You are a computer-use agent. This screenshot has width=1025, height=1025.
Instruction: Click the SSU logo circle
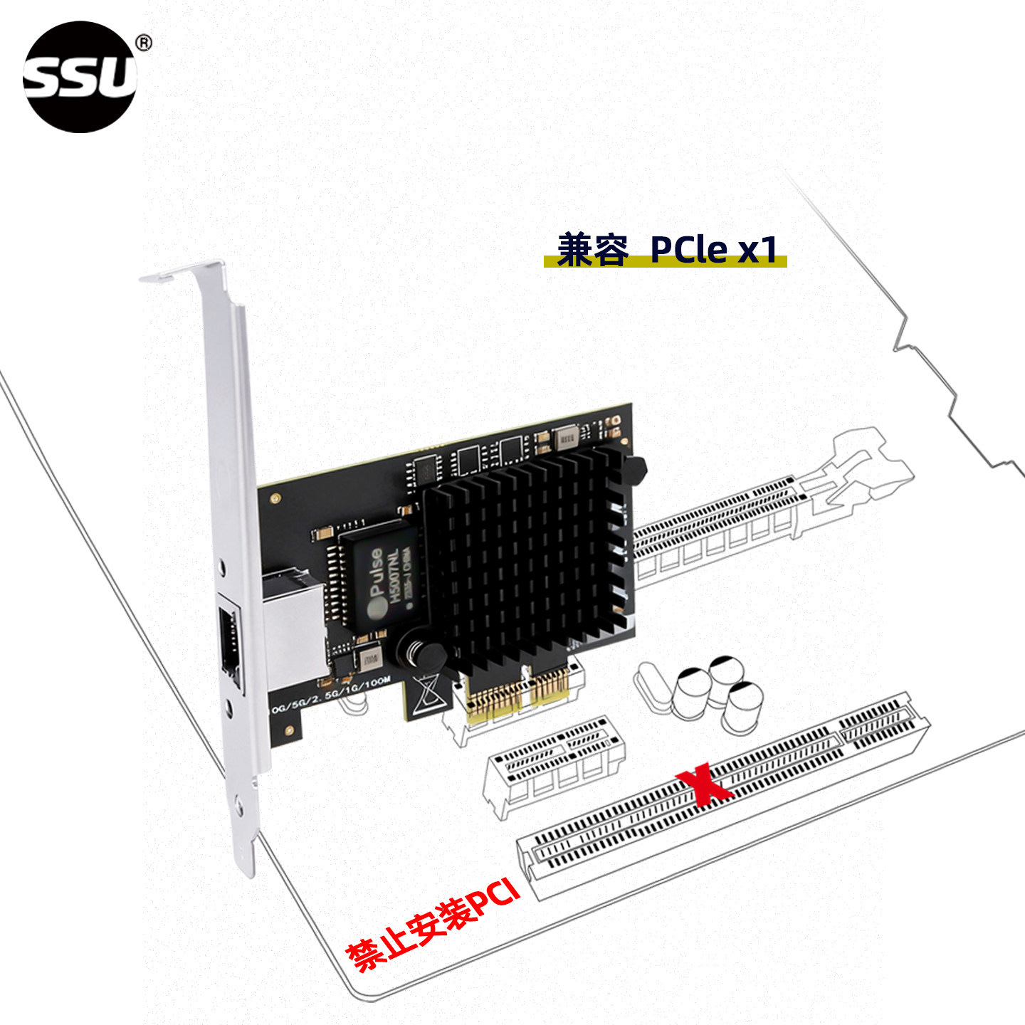pos(80,77)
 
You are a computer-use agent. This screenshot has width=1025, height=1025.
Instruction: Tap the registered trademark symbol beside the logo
pos(144,43)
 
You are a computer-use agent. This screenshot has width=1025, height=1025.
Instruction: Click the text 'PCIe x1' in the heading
pos(713,250)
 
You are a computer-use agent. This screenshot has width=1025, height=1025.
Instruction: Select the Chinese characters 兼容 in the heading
pos(592,250)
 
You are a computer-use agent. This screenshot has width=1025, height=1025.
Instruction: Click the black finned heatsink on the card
pos(527,555)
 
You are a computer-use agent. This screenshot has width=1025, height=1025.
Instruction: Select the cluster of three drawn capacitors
pos(719,694)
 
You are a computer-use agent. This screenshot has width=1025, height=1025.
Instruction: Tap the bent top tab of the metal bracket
pos(182,272)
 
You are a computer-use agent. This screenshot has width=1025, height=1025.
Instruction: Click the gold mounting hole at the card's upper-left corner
pos(276,498)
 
